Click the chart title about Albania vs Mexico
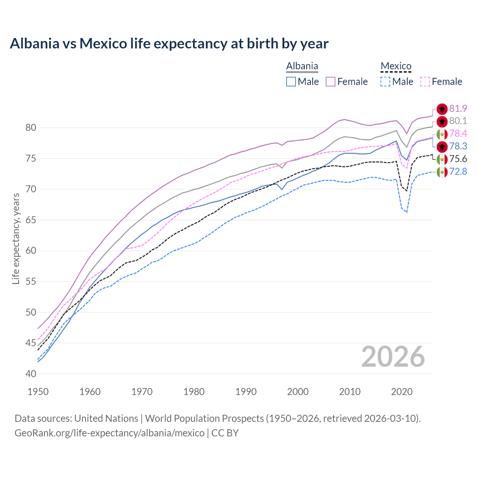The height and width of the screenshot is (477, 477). click(169, 44)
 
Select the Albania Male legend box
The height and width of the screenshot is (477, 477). click(291, 82)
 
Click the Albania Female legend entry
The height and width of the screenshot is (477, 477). click(347, 82)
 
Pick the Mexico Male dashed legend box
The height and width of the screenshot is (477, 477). click(385, 82)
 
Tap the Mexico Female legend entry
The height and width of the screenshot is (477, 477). click(441, 82)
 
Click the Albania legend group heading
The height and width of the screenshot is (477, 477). click(302, 66)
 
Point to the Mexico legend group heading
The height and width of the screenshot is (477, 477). click(396, 66)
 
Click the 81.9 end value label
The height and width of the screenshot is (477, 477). click(458, 108)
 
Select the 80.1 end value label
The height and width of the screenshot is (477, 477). click(458, 121)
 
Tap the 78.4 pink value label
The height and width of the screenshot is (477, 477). click(458, 134)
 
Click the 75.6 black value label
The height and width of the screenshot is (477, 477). click(458, 159)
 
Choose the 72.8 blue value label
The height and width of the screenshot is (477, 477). click(458, 172)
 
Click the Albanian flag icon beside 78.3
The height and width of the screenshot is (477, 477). click(442, 146)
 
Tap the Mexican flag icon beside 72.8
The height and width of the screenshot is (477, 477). click(442, 172)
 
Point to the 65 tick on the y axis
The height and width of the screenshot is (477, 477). click(31, 220)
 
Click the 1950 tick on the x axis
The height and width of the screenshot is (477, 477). click(38, 392)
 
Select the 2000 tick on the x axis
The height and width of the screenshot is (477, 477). click(298, 392)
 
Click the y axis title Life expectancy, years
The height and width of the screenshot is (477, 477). click(16, 238)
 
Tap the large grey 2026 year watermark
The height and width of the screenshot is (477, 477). click(393, 357)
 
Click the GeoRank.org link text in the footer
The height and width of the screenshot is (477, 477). click(109, 433)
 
